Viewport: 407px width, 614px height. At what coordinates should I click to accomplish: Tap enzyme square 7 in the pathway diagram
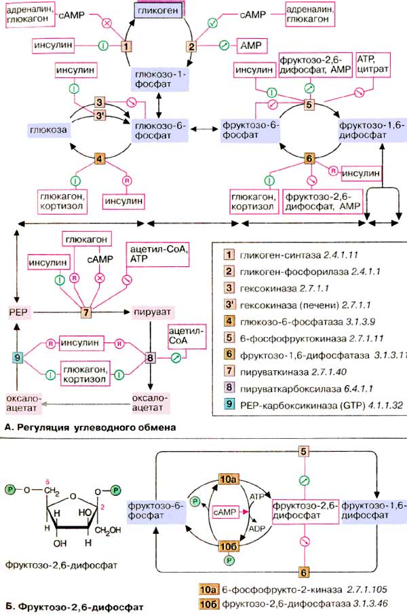click(x=86, y=312)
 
